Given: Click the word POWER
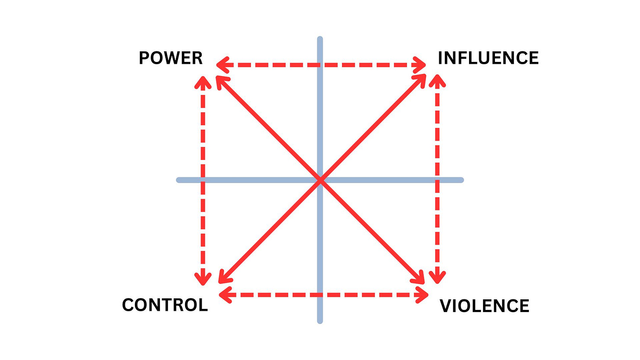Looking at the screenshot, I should click(x=171, y=58).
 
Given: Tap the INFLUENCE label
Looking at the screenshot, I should click(x=488, y=58).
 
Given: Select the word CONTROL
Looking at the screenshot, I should click(x=165, y=305).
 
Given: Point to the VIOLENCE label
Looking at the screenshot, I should click(x=484, y=306).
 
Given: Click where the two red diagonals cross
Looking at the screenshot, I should click(x=320, y=180).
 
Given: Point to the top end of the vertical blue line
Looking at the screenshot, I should click(x=320, y=40).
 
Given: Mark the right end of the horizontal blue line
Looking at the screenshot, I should click(x=461, y=180).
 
